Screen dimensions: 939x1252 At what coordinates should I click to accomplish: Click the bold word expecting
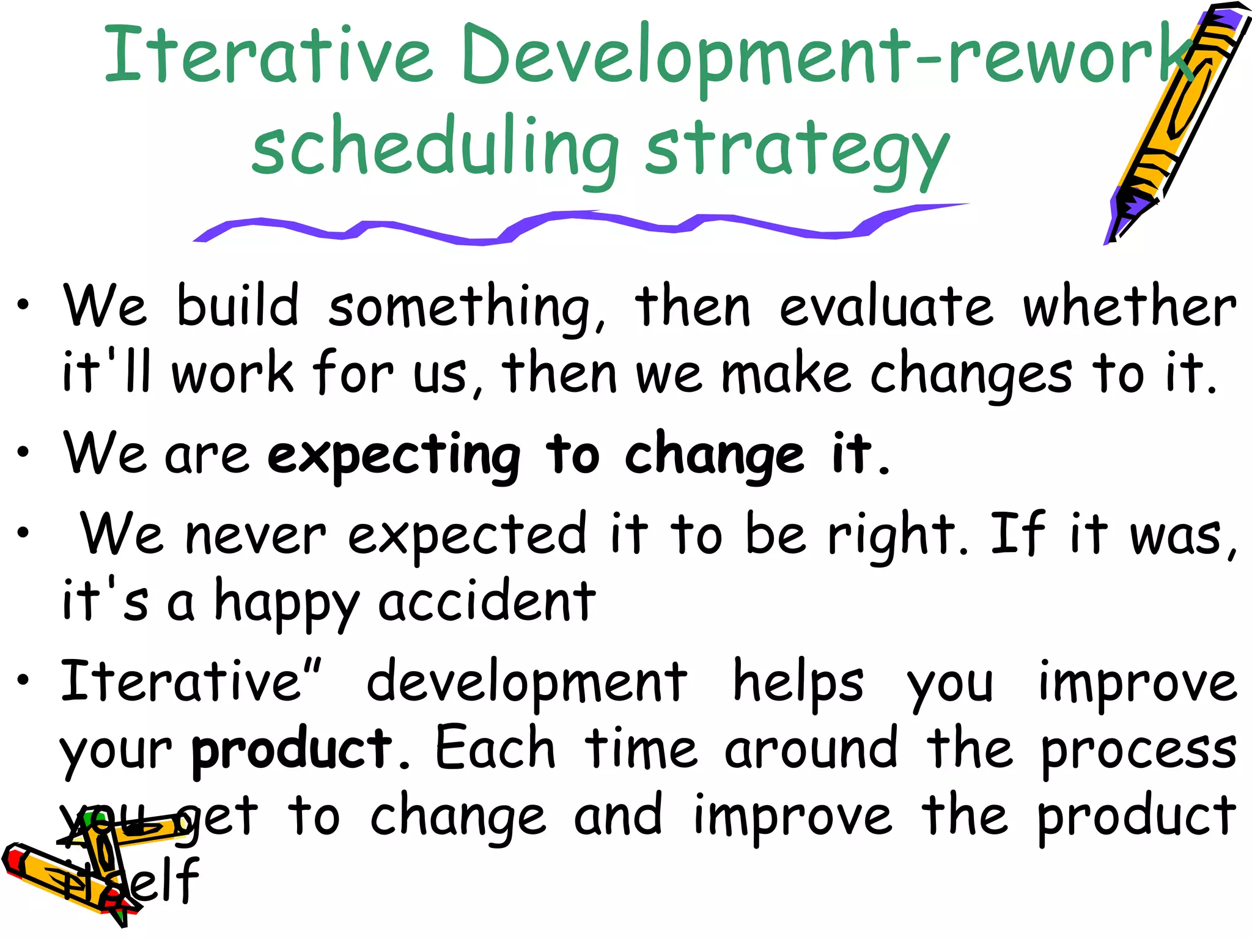pos(394,455)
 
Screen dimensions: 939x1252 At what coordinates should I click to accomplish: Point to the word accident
pos(487,603)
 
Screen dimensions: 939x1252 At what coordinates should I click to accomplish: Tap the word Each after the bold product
pos(495,749)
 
